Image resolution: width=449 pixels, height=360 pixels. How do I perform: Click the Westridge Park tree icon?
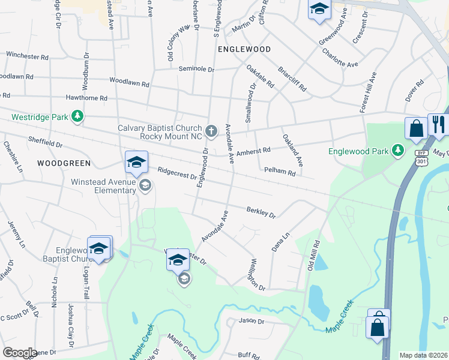coord(77,116)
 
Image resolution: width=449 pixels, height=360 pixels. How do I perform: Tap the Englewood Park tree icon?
coord(397,151)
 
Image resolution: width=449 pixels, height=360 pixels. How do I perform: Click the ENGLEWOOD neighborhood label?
coord(244,49)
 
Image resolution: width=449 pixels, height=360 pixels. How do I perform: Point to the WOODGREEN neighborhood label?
coord(64,163)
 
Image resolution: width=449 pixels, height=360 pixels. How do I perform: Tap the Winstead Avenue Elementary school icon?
coord(144,185)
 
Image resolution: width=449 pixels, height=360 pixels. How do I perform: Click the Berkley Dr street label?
coord(261,212)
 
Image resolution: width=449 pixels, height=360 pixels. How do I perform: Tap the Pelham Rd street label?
coord(280,173)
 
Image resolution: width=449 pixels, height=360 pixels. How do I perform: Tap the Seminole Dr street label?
coord(196,70)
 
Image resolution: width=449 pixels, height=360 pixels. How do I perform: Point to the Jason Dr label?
coord(252,321)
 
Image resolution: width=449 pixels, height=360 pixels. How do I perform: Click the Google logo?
coord(20,353)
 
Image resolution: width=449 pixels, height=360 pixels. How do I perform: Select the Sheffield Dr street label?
coord(46,142)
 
